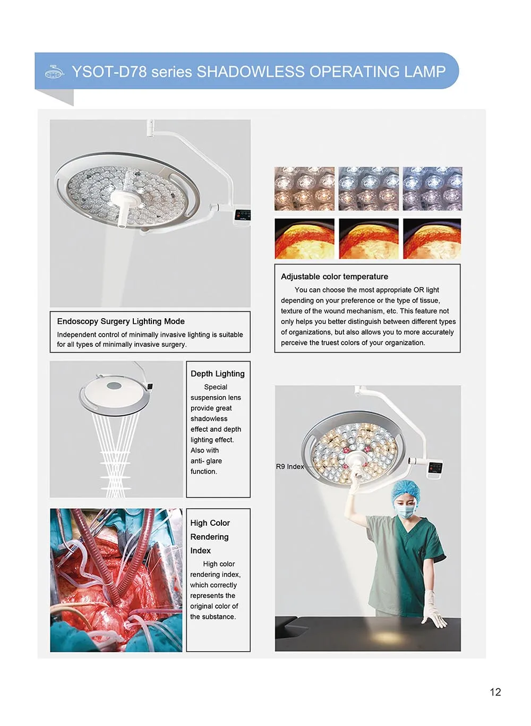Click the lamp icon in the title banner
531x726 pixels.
pos(54,72)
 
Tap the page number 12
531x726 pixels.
pos(495,692)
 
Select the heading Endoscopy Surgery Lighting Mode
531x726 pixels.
pos(121,321)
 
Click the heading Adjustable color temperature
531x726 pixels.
pos(334,277)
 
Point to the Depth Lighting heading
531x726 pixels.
pos(217,374)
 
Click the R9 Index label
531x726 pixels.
pos(289,467)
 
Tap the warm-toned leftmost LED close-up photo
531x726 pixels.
pos(304,189)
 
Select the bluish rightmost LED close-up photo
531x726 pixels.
pos(432,189)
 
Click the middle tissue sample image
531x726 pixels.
pos(369,238)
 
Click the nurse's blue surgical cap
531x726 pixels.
pos(406,491)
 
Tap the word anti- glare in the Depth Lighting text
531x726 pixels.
pos(206,461)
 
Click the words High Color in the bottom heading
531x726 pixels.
pos(210,523)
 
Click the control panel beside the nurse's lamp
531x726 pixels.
pos(435,467)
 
